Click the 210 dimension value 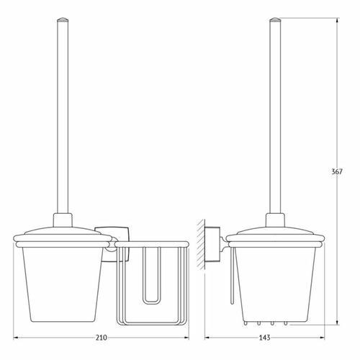[101, 338]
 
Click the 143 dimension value [264, 338]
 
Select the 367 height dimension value [337, 171]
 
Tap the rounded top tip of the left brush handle [63, 18]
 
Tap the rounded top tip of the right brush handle [275, 18]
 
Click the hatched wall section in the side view [201, 244]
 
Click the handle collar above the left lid [63, 220]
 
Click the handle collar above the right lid [275, 220]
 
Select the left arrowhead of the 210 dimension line [15, 338]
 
